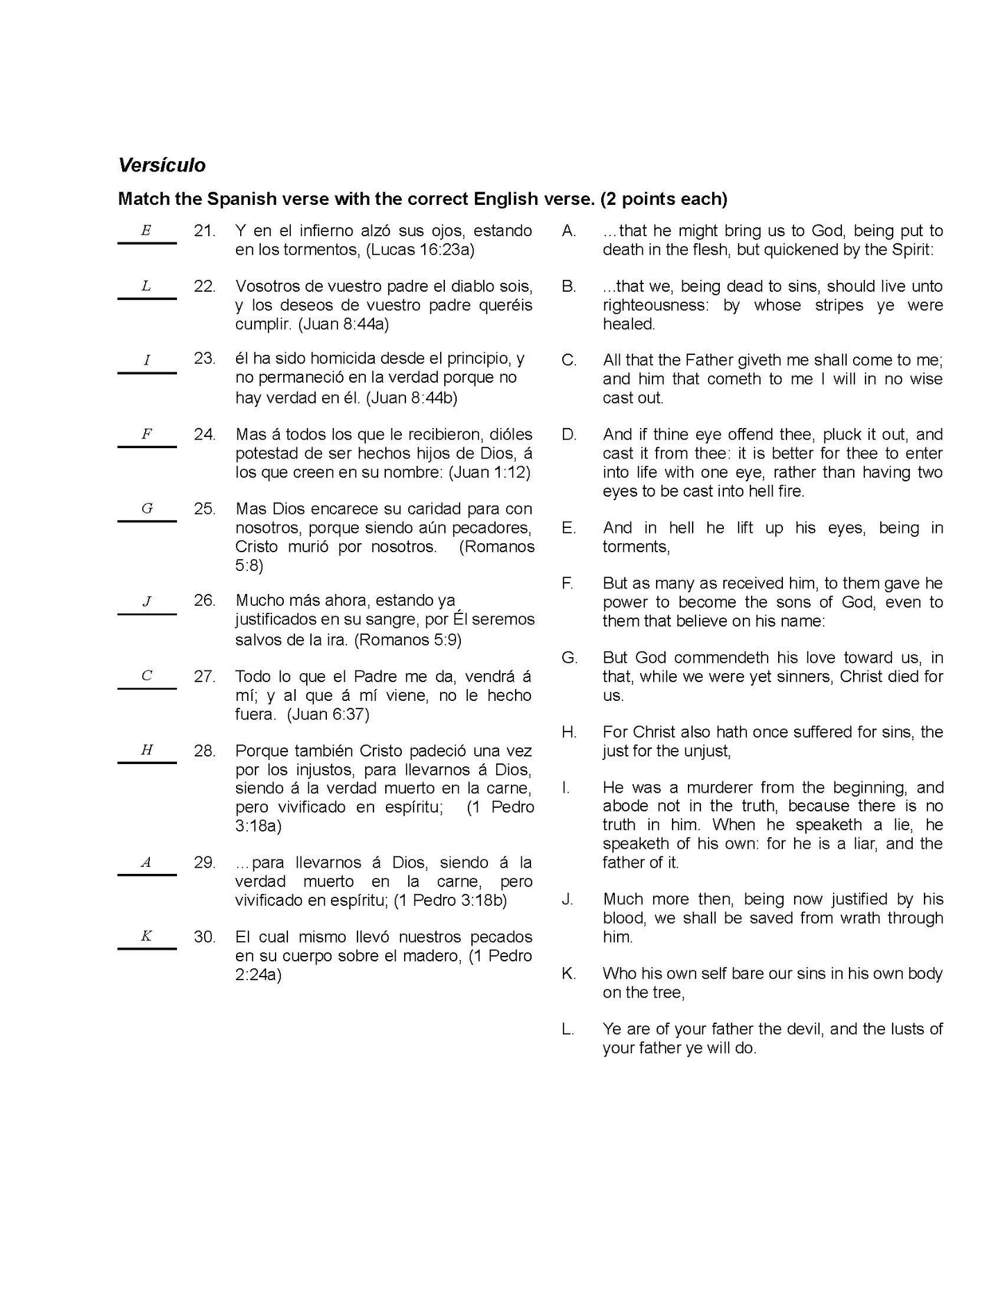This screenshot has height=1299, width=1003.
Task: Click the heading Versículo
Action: [x=162, y=165]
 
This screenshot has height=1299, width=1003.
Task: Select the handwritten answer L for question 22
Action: [x=146, y=286]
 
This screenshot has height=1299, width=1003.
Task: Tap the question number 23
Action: [x=205, y=358]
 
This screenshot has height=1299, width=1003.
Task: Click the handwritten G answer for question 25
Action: [x=147, y=508]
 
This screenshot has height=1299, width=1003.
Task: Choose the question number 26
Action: [x=205, y=600]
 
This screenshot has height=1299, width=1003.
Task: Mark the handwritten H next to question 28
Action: [x=146, y=750]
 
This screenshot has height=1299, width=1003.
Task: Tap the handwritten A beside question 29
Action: [x=146, y=863]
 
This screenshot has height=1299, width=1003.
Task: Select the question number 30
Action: [x=205, y=937]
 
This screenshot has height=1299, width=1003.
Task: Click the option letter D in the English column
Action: [x=569, y=435]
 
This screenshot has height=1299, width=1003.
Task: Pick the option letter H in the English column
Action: [x=569, y=732]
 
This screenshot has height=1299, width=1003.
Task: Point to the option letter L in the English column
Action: [x=568, y=1029]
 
